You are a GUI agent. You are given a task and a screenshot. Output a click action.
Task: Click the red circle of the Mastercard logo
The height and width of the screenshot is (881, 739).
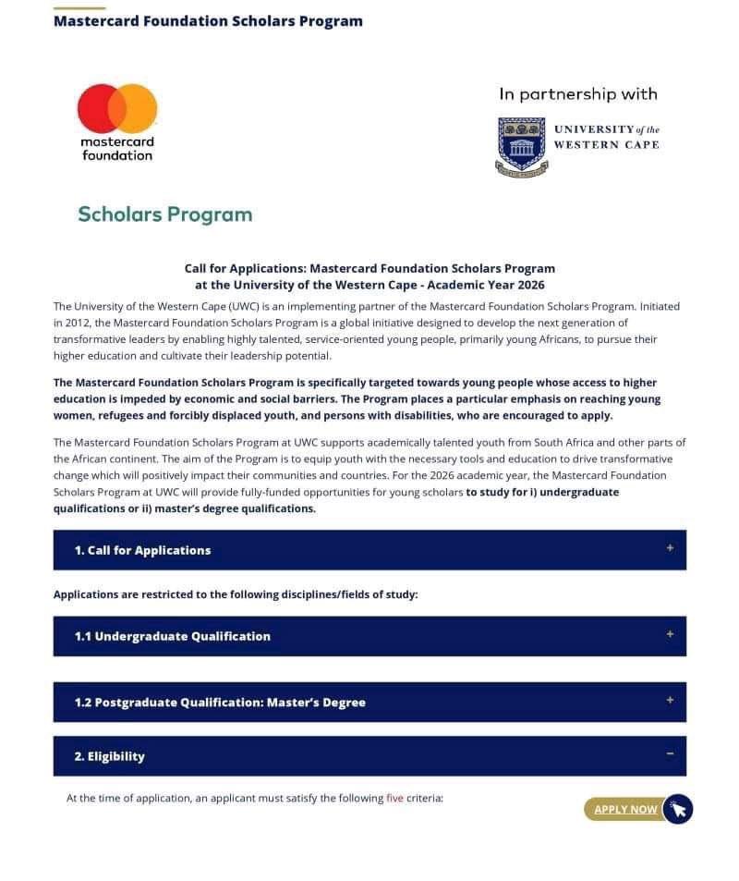97,108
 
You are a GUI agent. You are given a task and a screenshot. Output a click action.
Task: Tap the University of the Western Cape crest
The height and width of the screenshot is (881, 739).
522,146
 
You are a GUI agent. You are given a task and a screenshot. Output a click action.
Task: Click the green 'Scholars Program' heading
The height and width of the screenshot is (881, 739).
164,214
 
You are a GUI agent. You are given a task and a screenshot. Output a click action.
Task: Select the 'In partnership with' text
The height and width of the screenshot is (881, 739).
578,94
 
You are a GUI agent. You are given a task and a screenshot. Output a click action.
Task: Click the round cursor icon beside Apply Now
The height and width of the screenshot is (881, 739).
678,809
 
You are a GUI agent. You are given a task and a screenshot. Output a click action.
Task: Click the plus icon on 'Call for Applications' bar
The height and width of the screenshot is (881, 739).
670,548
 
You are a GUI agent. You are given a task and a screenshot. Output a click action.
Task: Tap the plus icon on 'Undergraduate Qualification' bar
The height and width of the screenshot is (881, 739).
670,634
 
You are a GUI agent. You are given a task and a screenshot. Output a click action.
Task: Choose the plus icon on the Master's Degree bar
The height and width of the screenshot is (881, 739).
670,700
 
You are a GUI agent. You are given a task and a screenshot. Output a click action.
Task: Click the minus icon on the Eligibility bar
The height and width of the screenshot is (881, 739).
670,754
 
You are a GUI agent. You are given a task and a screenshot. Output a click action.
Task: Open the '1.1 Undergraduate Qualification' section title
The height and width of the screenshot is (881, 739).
173,636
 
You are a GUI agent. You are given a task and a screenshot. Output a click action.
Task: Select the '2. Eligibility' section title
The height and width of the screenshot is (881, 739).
109,756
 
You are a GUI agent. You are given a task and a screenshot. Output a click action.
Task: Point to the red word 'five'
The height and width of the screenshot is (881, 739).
394,798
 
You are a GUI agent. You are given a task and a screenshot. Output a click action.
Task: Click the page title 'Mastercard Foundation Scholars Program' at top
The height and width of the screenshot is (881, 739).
208,21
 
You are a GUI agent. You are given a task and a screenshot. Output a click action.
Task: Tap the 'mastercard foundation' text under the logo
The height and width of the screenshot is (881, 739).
117,149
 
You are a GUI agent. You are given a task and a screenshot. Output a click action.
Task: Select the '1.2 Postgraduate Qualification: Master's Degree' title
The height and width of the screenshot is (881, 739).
220,703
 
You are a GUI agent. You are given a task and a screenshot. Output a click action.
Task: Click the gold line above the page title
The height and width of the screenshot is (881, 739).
79,8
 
